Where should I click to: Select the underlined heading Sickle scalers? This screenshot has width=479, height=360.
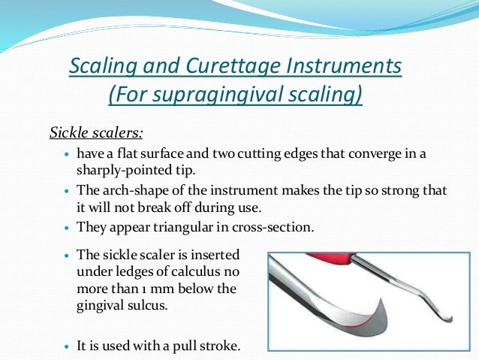95,134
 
